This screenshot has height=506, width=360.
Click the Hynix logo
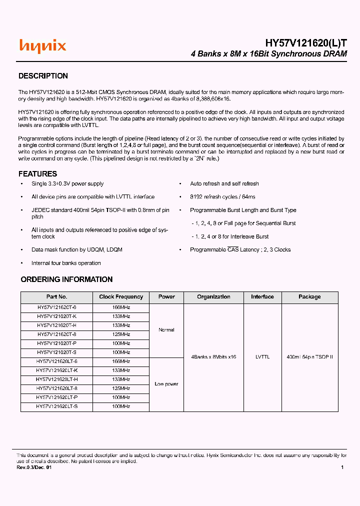pyautogui.click(x=42, y=46)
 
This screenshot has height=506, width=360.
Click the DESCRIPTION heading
pyautogui.click(x=43, y=76)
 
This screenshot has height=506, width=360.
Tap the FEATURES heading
pyautogui.click(x=37, y=174)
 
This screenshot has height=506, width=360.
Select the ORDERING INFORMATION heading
pyautogui.click(x=66, y=279)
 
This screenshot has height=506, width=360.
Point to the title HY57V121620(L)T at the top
pyautogui.click(x=305, y=43)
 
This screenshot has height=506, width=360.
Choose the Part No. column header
pyautogui.click(x=56, y=297)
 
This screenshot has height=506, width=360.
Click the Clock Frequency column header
pyautogui.click(x=121, y=297)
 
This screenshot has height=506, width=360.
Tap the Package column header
pyautogui.click(x=309, y=297)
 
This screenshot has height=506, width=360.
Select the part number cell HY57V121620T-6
pyautogui.click(x=56, y=308)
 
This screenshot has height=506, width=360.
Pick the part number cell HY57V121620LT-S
pyautogui.click(x=56, y=406)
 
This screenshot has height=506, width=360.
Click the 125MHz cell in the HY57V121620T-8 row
pyautogui.click(x=121, y=334)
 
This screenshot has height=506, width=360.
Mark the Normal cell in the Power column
pyautogui.click(x=166, y=330)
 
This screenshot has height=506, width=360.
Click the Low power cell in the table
pyautogui.click(x=166, y=384)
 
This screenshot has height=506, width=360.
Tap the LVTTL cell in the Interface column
pyautogui.click(x=262, y=357)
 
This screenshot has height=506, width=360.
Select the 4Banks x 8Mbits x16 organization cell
pyautogui.click(x=213, y=357)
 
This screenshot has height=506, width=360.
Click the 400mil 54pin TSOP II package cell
pyautogui.click(x=309, y=357)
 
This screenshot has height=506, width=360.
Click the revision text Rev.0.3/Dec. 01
pyautogui.click(x=34, y=467)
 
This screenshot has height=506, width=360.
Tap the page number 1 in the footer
pyautogui.click(x=342, y=467)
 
